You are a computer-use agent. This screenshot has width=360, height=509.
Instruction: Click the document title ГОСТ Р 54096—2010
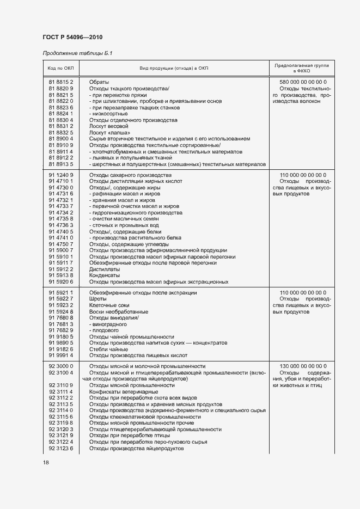(x=72, y=37)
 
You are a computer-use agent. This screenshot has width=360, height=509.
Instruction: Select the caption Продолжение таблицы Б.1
(x=77, y=53)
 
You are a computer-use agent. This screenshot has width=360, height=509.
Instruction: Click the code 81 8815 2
(x=60, y=82)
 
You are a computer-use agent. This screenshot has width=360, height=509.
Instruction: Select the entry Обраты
(x=99, y=82)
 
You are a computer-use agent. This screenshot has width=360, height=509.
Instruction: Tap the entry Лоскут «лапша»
(x=109, y=132)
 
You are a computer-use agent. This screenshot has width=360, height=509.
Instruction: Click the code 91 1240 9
(x=60, y=175)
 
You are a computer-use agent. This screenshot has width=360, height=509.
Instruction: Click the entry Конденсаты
(x=105, y=275)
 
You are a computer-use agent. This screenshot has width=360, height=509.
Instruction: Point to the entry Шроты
(x=98, y=299)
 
